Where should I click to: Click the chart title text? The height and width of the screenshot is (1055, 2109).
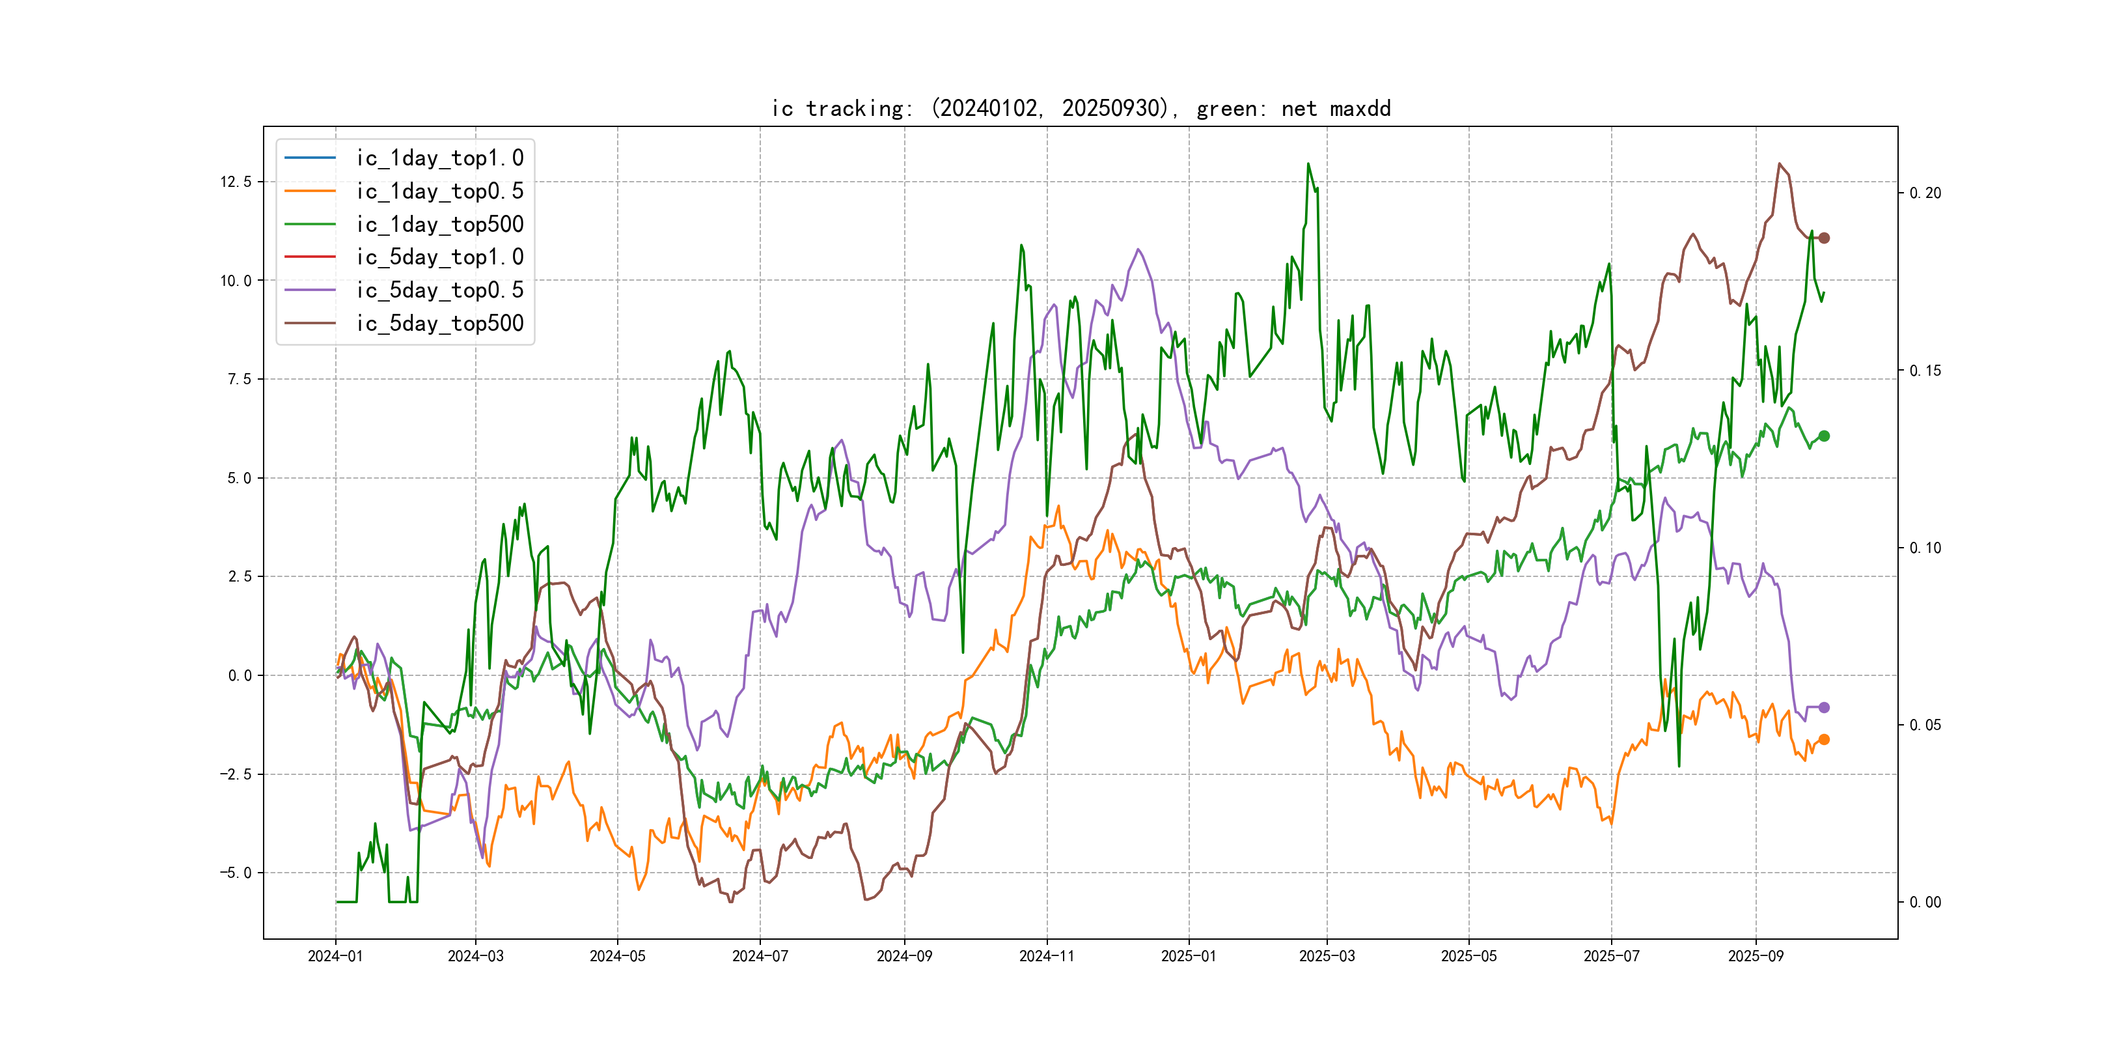point(1081,108)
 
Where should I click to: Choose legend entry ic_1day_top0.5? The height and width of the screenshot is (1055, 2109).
point(439,191)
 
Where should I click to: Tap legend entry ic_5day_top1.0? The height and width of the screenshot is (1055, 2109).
point(439,257)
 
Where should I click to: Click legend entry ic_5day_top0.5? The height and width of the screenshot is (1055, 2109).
point(439,290)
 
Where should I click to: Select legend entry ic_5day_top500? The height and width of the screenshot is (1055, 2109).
point(439,323)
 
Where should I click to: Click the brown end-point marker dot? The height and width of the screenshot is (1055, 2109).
point(1823,238)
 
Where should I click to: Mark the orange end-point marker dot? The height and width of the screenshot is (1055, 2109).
point(1823,740)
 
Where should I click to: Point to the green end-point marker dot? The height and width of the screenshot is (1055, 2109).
point(1823,436)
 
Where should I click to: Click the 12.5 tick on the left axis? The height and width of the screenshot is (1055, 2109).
point(236,181)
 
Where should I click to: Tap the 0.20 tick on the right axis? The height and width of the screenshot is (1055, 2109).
point(1925,193)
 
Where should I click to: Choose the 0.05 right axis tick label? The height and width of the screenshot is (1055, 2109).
point(1925,725)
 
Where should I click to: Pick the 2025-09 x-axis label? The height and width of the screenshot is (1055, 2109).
point(1756,956)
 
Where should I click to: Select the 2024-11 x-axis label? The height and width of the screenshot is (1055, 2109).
point(1046,956)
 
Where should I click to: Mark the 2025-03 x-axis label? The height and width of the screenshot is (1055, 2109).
point(1327,956)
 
